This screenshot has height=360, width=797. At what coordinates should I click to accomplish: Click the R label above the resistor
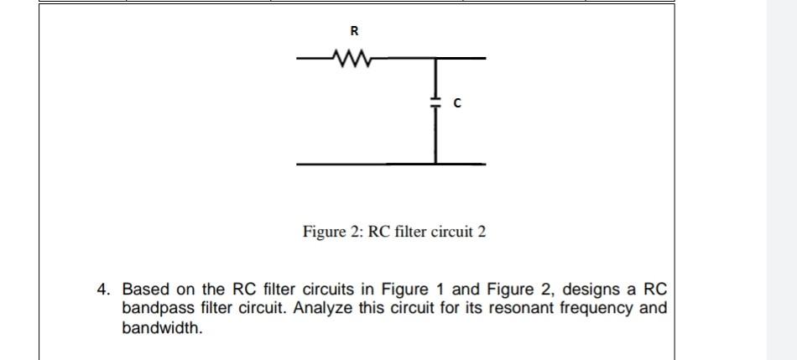click(353, 33)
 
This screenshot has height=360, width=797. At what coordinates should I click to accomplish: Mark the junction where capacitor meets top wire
click(435, 60)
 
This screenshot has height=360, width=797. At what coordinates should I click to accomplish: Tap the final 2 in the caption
click(482, 231)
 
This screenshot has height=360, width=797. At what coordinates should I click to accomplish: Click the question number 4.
click(103, 290)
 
